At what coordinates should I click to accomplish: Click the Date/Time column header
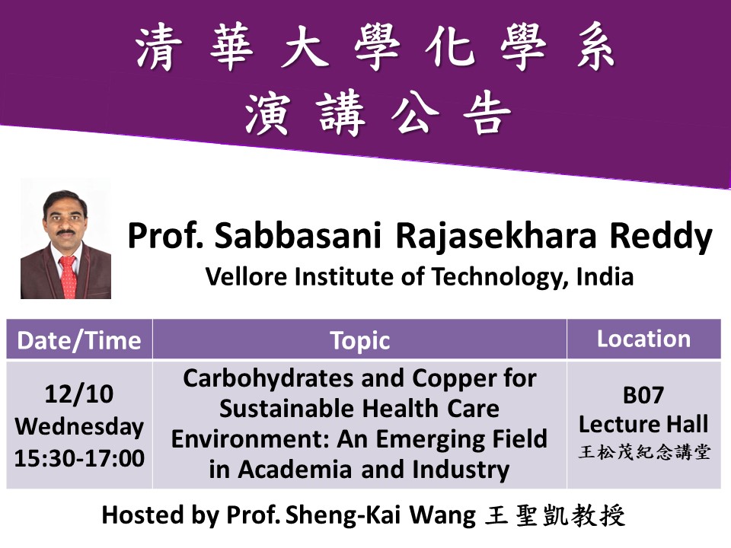tap(79, 340)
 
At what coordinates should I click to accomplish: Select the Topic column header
tap(360, 340)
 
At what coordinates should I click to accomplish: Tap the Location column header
tap(643, 339)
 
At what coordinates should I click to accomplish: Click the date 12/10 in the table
tap(79, 394)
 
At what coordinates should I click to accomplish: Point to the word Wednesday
tap(79, 426)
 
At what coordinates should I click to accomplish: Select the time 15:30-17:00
tap(79, 458)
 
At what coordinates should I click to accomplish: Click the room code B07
tap(643, 396)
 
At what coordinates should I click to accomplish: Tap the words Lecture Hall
tap(643, 424)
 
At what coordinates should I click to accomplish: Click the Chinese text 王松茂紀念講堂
tap(643, 453)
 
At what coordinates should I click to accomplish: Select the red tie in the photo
tap(67, 274)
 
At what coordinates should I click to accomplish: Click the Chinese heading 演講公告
tap(376, 114)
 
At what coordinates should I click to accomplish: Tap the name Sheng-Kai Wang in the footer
tap(401, 515)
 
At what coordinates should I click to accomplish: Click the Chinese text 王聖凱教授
tap(554, 515)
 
